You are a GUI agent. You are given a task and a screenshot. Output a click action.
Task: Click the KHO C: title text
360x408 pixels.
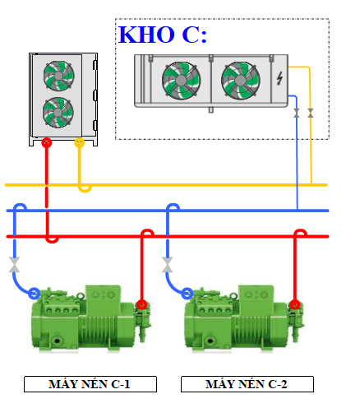(x=163, y=35)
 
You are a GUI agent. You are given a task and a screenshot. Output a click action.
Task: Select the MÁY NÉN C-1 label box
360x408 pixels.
(x=90, y=384)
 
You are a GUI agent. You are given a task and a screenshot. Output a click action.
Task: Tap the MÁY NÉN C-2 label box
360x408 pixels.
(x=247, y=384)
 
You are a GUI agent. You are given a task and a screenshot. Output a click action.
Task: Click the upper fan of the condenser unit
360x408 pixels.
(x=58, y=76)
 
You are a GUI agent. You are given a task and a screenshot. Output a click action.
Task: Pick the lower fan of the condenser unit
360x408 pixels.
(x=58, y=112)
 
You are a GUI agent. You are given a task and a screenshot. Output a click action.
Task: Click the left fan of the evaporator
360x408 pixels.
(x=181, y=81)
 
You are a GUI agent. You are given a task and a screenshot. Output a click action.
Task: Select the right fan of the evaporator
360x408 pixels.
(x=241, y=81)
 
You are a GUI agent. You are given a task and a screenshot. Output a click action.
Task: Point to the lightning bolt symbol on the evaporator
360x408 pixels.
(x=279, y=78)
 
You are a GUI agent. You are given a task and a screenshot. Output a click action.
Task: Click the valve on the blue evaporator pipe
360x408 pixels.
(x=297, y=113)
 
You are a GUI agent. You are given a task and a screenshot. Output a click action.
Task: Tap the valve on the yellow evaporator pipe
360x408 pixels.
(x=311, y=113)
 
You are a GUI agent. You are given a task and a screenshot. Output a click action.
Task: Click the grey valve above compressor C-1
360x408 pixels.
(x=14, y=265)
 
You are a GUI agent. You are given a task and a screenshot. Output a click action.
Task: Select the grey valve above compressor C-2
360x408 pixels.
(x=167, y=265)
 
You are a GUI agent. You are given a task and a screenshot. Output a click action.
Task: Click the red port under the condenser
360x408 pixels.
(x=47, y=142)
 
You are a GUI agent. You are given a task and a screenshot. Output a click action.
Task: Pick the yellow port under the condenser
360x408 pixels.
(x=80, y=142)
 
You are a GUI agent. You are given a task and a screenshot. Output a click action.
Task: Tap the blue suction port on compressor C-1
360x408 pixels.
(x=34, y=293)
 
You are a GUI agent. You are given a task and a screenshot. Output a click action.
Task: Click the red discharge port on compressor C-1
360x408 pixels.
(x=141, y=304)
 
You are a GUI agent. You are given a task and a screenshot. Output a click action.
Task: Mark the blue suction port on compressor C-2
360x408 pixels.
(x=187, y=293)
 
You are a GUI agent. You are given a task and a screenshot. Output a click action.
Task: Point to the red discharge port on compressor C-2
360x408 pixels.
(x=295, y=304)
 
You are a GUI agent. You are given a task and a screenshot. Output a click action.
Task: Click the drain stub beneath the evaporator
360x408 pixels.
(x=210, y=109)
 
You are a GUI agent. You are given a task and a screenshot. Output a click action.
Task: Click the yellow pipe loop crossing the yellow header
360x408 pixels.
(x=85, y=190)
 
